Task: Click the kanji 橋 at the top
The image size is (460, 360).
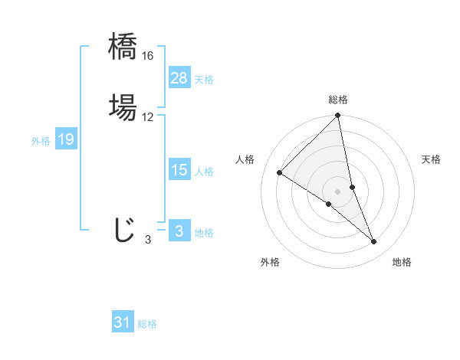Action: click(123, 46)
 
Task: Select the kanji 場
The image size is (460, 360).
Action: click(123, 106)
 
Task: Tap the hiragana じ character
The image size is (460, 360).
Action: click(123, 229)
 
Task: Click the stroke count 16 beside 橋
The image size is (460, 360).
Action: click(147, 56)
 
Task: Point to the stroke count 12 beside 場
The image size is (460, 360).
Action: click(147, 117)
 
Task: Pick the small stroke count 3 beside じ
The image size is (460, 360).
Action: click(147, 240)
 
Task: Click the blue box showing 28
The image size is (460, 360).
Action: click(179, 77)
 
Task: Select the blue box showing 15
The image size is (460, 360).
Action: click(179, 170)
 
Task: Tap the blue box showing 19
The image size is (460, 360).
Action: click(65, 139)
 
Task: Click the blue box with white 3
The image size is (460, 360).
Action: click(179, 231)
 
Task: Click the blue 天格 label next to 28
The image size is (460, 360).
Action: click(204, 79)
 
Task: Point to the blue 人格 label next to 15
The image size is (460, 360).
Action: click(204, 172)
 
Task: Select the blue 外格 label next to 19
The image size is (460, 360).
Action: click(40, 141)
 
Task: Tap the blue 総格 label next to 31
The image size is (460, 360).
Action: click(147, 324)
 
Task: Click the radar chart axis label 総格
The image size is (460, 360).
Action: click(338, 100)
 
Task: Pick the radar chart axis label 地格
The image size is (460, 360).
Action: click(402, 262)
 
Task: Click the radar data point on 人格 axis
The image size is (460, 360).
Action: click(280, 173)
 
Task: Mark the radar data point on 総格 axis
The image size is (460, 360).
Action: click(338, 116)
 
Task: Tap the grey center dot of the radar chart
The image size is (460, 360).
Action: click(338, 191)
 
